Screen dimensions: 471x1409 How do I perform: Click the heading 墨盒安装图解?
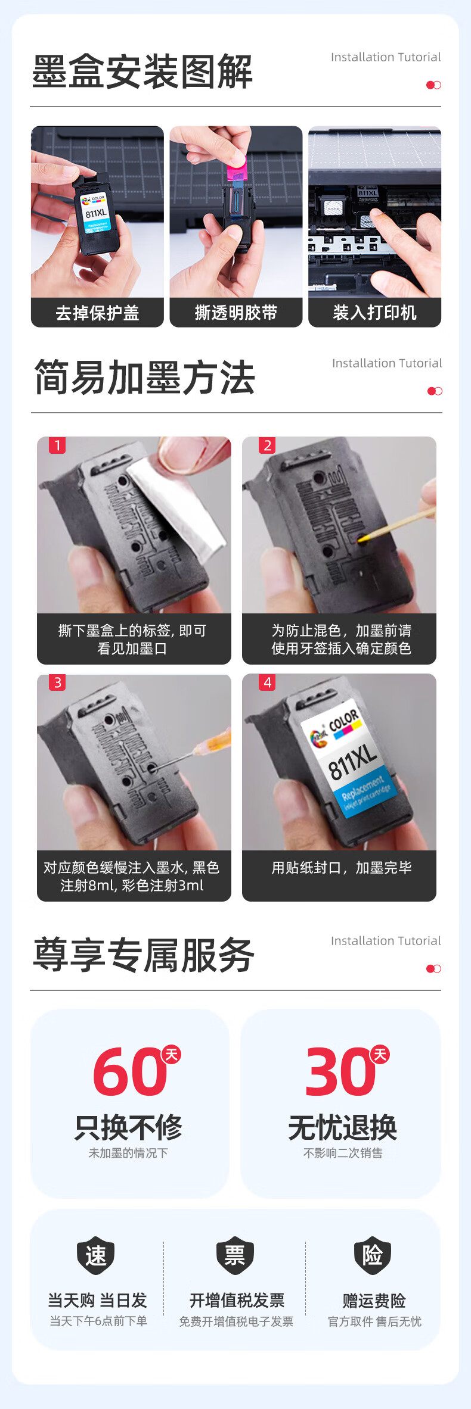(x=142, y=71)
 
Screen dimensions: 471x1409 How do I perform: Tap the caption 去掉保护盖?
(x=97, y=313)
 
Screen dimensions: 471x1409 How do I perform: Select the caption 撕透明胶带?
(x=236, y=313)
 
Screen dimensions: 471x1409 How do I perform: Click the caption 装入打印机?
(x=374, y=313)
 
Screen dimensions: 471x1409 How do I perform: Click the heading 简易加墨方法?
(x=144, y=378)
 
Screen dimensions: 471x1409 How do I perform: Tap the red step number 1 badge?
(x=57, y=445)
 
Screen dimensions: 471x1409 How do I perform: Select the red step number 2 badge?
(x=267, y=445)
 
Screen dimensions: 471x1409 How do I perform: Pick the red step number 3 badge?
(x=57, y=682)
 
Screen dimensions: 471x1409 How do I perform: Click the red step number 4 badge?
(x=267, y=682)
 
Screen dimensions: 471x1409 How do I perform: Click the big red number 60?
(x=130, y=1073)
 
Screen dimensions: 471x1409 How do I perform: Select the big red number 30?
(x=340, y=1073)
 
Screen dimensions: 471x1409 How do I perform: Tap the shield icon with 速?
(x=95, y=1255)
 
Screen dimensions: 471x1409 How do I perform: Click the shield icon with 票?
(x=235, y=1255)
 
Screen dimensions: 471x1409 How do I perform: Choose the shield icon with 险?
(x=373, y=1255)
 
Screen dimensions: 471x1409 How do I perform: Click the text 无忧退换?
(x=342, y=1127)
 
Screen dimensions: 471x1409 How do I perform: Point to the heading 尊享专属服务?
(x=143, y=955)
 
